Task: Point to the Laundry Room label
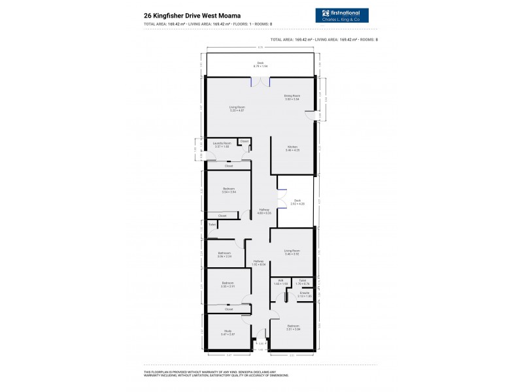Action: [x=223, y=144]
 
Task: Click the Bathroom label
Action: [x=225, y=255]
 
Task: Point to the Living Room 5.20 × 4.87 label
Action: [x=237, y=108]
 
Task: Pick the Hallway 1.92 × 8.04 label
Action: [x=258, y=263]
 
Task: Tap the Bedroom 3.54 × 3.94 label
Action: [x=229, y=190]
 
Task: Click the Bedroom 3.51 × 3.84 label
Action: [x=292, y=327]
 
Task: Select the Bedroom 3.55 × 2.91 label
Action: [x=228, y=285]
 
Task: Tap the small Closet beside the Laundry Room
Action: [x=245, y=141]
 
